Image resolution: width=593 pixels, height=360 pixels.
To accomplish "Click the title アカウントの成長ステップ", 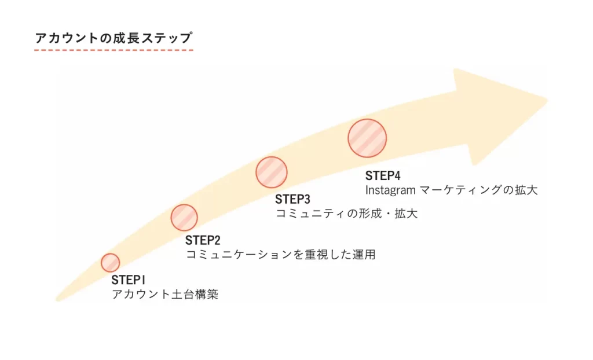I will [x=114, y=38].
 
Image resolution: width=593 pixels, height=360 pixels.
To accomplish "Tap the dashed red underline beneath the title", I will [x=114, y=50].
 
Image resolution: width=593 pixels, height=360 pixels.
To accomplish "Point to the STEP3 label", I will [x=292, y=200].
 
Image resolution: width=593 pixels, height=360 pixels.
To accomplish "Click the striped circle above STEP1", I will [x=110, y=262].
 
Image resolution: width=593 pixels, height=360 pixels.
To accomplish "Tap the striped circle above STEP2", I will [x=184, y=218].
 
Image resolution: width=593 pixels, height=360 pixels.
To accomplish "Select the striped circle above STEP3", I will [x=272, y=172].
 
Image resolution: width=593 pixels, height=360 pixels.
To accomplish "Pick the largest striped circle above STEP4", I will [x=367, y=138].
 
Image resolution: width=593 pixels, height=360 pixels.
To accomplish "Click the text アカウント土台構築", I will [x=165, y=295].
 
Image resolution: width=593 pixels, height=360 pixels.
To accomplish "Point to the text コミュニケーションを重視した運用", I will [x=280, y=255].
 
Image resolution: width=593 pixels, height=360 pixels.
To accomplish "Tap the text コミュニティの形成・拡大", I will [x=346, y=214].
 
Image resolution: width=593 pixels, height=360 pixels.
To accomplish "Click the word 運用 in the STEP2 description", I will [x=365, y=255].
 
